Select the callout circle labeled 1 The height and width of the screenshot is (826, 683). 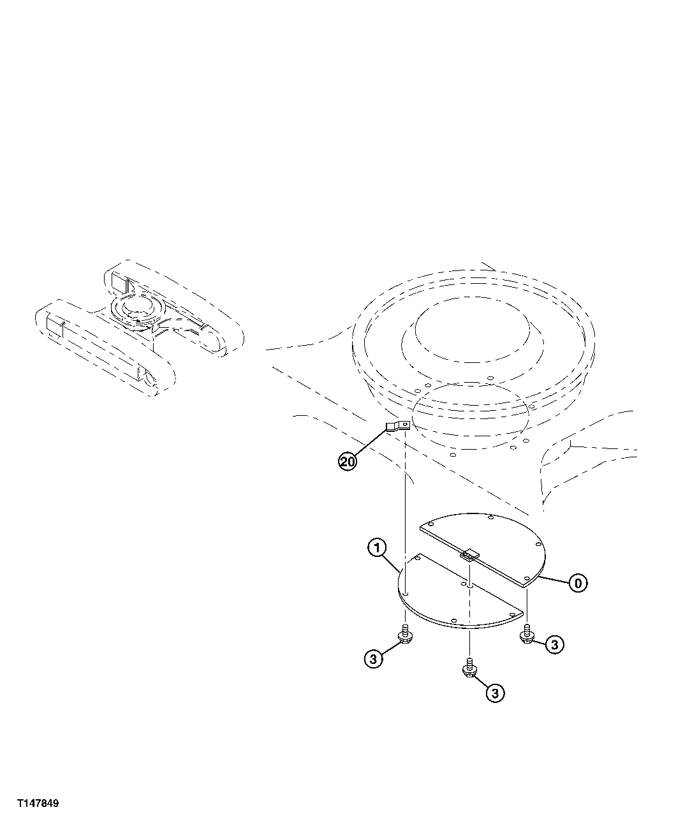(x=377, y=547)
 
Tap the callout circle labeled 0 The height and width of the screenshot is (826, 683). (x=578, y=582)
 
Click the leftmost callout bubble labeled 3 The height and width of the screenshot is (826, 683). (x=374, y=658)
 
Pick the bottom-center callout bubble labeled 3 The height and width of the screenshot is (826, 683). (x=495, y=693)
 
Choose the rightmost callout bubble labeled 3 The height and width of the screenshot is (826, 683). (x=554, y=645)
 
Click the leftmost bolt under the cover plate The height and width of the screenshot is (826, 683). (x=404, y=635)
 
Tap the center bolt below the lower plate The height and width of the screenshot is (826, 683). (x=469, y=669)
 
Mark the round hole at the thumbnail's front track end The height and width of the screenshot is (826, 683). (x=151, y=379)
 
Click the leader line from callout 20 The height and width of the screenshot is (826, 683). (x=370, y=445)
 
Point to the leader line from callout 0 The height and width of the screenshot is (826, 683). (x=554, y=579)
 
